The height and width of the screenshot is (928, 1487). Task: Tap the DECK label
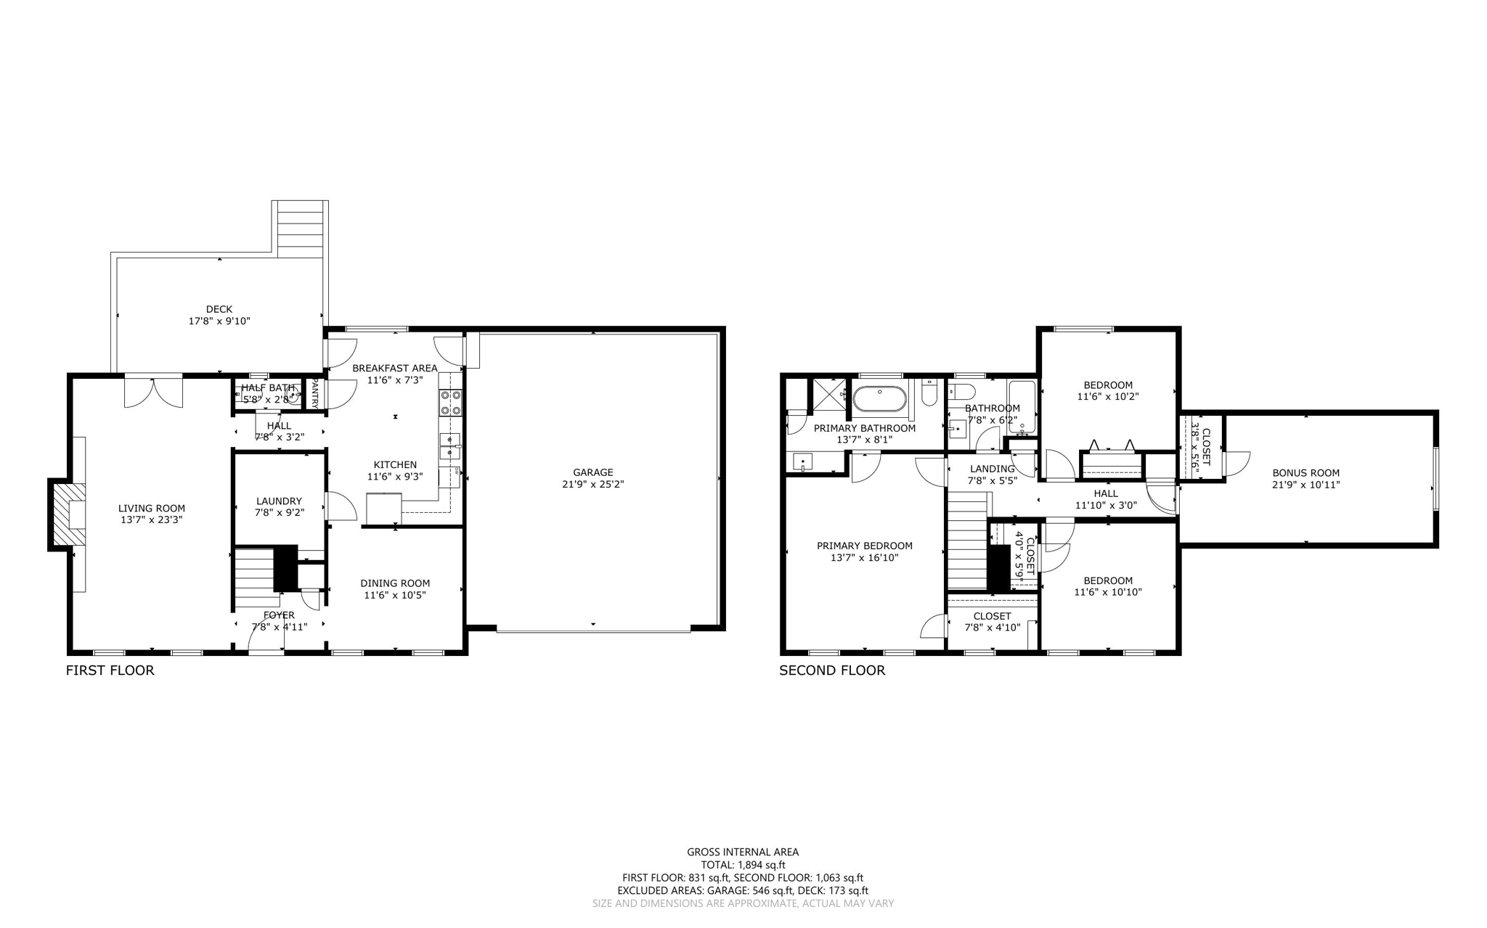[x=219, y=309]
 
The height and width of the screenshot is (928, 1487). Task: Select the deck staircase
[x=300, y=229]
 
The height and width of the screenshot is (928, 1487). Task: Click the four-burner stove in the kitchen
[x=450, y=402]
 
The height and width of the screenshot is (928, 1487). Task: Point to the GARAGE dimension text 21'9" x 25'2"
[x=592, y=484]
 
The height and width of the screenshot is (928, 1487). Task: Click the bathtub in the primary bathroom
[x=879, y=398]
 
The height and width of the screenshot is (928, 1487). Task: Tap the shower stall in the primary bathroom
[x=828, y=395]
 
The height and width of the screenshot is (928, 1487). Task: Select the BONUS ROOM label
[x=1305, y=473]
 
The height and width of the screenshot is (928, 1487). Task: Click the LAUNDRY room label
[x=279, y=501]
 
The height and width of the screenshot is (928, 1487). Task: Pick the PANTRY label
[x=315, y=393]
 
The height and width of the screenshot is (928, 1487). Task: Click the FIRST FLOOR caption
[x=110, y=670]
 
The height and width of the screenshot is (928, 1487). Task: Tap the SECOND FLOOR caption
[x=832, y=670]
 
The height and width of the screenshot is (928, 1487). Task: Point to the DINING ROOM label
[x=395, y=583]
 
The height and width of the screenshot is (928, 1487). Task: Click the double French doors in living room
[x=152, y=391]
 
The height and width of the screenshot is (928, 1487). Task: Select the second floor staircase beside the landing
[x=968, y=541]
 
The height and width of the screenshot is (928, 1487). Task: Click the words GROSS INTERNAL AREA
[x=743, y=852]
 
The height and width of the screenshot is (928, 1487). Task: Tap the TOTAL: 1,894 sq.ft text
[x=743, y=865]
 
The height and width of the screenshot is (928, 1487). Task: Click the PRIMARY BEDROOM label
[x=864, y=546]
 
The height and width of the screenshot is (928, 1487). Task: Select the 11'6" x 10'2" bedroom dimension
[x=1108, y=397]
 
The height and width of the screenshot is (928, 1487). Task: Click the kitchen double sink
[x=449, y=446]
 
